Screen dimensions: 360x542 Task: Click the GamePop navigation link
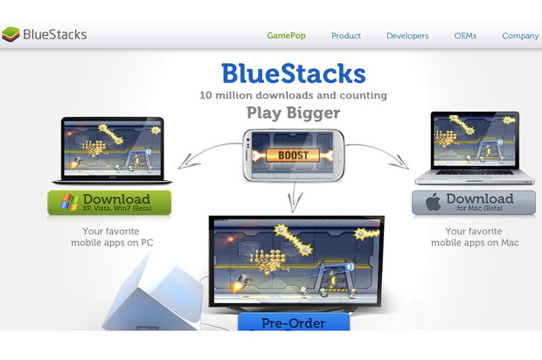[286, 36]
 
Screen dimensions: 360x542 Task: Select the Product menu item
[346, 36]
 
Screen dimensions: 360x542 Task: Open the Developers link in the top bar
[407, 36]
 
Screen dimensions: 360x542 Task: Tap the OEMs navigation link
[465, 36]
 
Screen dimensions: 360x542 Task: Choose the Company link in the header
[520, 36]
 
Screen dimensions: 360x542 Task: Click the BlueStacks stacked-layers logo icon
[10, 35]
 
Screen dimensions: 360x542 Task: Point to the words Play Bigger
[293, 112]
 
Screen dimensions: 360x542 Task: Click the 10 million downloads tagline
[293, 95]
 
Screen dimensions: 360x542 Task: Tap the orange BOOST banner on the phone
[293, 155]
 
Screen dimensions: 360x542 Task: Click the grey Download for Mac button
[473, 202]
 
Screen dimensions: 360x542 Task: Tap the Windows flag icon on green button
[69, 202]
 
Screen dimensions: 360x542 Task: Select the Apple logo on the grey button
[433, 203]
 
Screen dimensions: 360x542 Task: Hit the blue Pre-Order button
[294, 323]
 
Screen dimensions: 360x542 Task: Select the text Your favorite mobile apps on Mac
[474, 237]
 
